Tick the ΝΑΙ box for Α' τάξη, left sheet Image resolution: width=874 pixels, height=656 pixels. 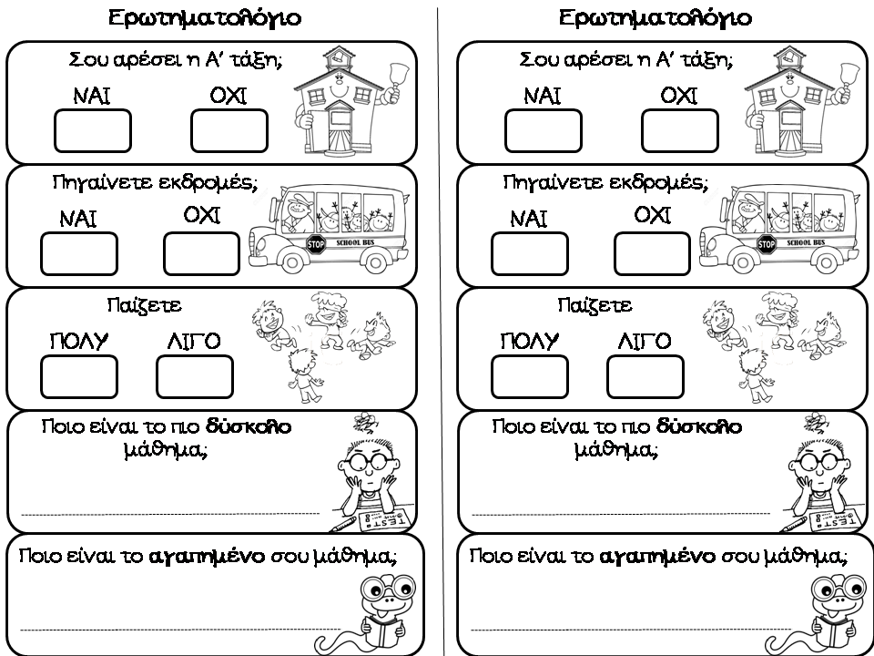(x=93, y=130)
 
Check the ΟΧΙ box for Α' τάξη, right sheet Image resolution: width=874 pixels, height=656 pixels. (x=678, y=130)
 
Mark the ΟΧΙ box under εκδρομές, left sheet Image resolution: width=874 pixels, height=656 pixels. (x=202, y=252)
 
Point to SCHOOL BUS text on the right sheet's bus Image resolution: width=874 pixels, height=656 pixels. (x=806, y=242)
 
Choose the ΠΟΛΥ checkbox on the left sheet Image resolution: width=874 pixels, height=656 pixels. (x=79, y=376)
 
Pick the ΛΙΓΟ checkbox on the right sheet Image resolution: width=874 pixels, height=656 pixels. (x=645, y=376)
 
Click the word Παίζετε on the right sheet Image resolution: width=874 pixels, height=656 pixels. (x=595, y=305)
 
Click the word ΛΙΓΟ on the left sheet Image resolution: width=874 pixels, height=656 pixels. (x=194, y=341)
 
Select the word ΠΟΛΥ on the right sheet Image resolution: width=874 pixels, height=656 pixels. (x=529, y=341)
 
